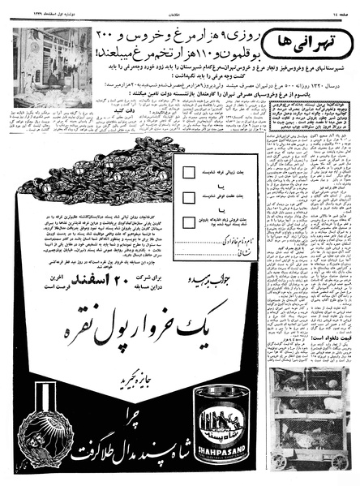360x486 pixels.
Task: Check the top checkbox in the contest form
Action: point(188,172)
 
